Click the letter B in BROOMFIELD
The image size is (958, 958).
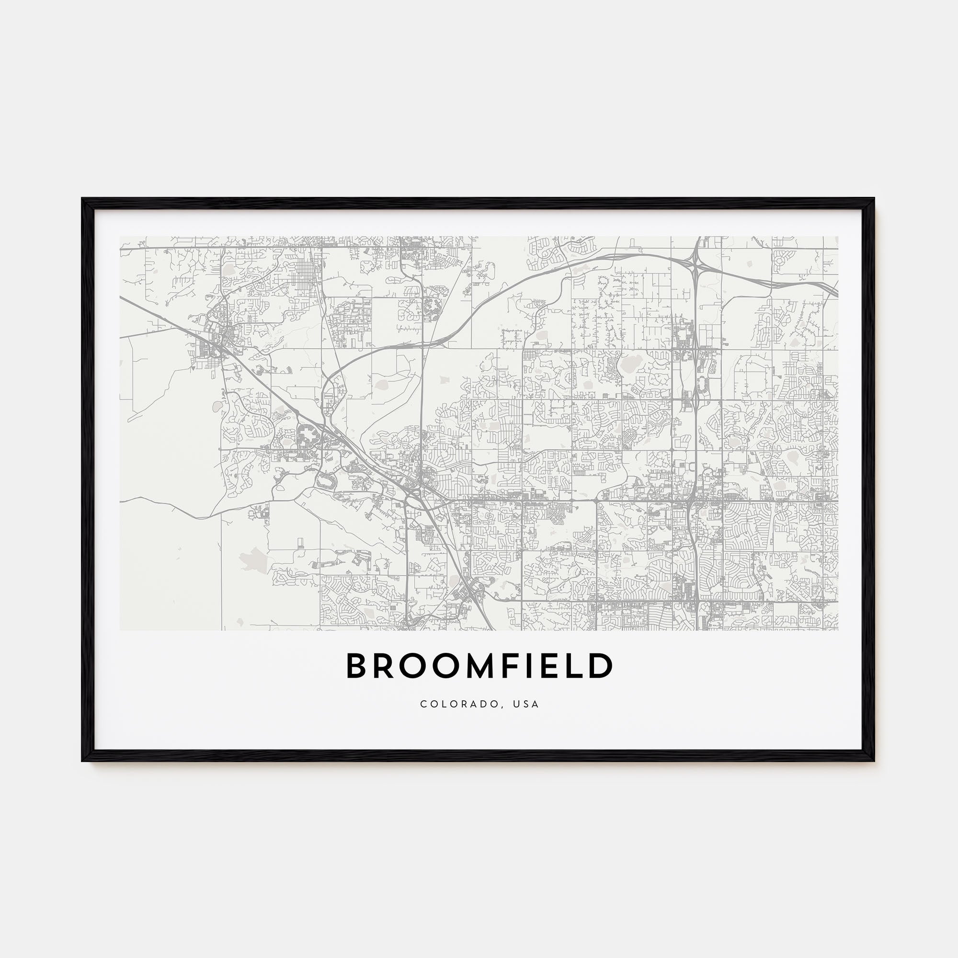pos(356,665)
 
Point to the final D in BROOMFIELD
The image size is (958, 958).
pos(602,665)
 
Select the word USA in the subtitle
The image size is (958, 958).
pos(526,704)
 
